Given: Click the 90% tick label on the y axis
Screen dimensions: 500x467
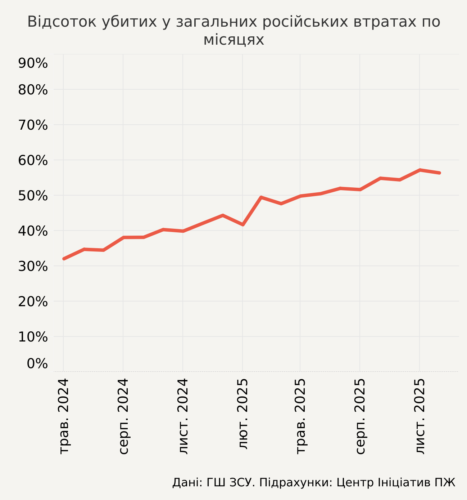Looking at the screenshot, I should click(33, 63).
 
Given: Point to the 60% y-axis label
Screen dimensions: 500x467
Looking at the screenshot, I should click(33, 161).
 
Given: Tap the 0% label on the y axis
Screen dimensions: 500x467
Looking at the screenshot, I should click(37, 364).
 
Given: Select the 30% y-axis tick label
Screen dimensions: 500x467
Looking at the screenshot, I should click(33, 267).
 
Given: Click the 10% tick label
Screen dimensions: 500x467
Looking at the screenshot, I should click(33, 337).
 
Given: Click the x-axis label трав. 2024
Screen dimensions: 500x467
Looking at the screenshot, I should click(64, 416).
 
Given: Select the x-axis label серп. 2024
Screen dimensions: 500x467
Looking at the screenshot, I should click(123, 416).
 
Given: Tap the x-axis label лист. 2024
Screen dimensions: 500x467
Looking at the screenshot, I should click(183, 416).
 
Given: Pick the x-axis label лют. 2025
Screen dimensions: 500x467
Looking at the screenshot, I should click(243, 414).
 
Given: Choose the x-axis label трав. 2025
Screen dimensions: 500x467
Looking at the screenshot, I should click(300, 416).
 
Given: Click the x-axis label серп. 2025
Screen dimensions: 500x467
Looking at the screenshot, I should click(360, 416).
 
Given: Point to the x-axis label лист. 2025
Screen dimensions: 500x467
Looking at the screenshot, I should click(420, 416).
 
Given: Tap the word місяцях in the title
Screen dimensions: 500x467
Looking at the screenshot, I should click(233, 40).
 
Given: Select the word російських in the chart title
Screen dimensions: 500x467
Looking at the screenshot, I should click(305, 22).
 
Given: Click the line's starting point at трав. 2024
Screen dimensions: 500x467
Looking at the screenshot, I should click(64, 259).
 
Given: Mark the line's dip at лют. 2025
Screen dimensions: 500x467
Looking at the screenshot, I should click(243, 225).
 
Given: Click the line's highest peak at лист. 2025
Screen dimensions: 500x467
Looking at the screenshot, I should click(420, 170).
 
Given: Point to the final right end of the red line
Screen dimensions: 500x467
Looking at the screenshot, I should click(439, 173).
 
